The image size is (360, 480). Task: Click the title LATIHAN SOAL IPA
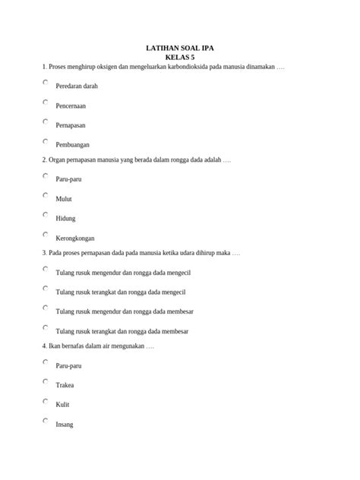coord(180,48)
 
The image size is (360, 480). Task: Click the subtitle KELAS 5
coord(180,57)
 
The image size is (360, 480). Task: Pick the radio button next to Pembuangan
coord(46,141)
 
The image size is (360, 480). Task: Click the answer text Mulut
coord(65,199)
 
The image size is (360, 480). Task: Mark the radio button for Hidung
coord(46,215)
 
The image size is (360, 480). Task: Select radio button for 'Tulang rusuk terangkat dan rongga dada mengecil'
coord(46,289)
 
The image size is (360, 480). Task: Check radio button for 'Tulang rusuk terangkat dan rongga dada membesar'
coord(46,328)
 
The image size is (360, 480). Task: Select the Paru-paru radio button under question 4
coord(46,362)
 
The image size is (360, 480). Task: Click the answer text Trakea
coord(65,385)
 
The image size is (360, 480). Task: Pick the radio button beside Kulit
coord(46,401)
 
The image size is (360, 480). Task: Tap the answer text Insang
coord(65,425)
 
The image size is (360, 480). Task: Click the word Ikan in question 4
coord(55,346)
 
